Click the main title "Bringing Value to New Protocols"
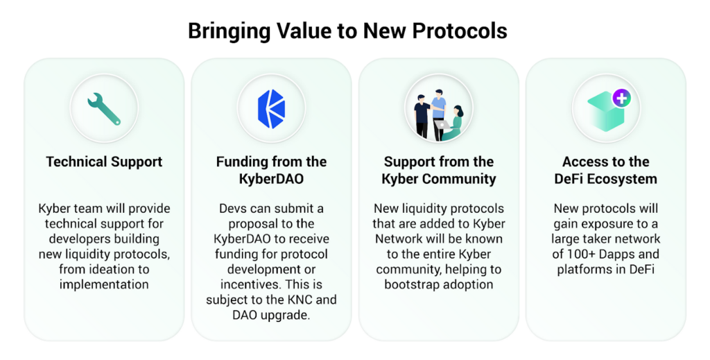pos(348,31)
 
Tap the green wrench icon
pos(104,109)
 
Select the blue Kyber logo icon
pos(271,109)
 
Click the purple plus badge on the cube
pos(621,98)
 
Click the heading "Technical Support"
pos(104,162)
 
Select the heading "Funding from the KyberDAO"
pos(271,170)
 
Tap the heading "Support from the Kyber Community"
pos(439,170)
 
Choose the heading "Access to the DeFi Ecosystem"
pos(606,170)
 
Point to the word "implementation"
pos(104,284)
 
